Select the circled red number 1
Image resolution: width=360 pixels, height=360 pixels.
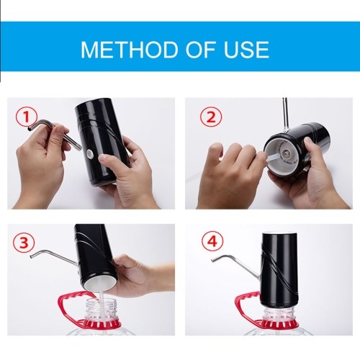(x=27, y=117)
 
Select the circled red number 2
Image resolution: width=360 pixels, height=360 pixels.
(x=211, y=117)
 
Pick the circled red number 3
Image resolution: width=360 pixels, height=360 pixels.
(x=24, y=243)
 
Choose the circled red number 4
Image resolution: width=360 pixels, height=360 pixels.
(x=212, y=241)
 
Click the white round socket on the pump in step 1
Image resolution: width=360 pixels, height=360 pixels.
(x=90, y=153)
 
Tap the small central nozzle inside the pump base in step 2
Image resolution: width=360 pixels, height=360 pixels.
(x=286, y=153)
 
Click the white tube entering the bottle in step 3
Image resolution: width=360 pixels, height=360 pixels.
(x=101, y=305)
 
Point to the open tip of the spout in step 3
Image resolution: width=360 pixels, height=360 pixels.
(x=32, y=256)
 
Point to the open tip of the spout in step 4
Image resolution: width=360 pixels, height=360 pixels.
(x=213, y=260)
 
